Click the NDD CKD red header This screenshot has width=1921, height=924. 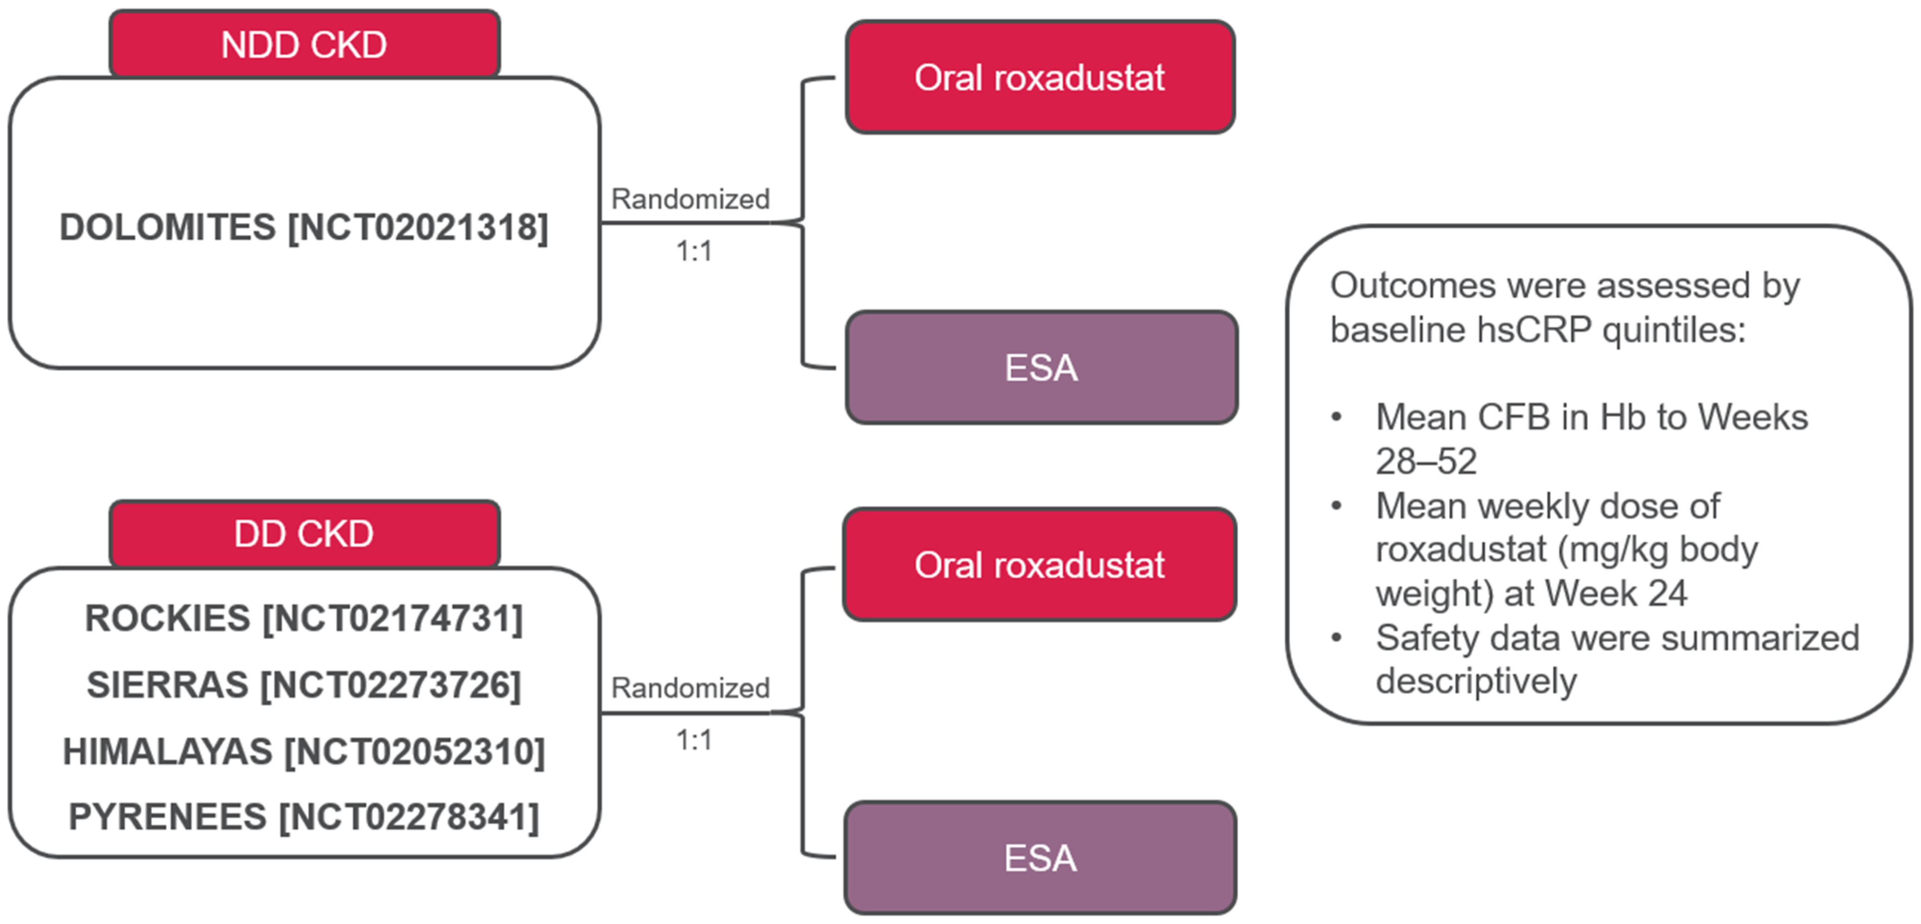click(x=304, y=45)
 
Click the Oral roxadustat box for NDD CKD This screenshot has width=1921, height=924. click(x=1040, y=78)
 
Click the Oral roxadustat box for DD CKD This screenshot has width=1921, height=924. click(x=1040, y=564)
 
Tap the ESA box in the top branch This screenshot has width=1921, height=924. click(x=1041, y=368)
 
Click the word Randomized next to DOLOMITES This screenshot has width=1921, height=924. click(x=690, y=199)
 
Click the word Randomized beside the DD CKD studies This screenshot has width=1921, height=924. click(x=690, y=687)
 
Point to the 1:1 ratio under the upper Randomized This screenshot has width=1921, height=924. click(x=693, y=252)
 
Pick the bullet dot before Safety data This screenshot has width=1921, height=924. click(x=1336, y=638)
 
